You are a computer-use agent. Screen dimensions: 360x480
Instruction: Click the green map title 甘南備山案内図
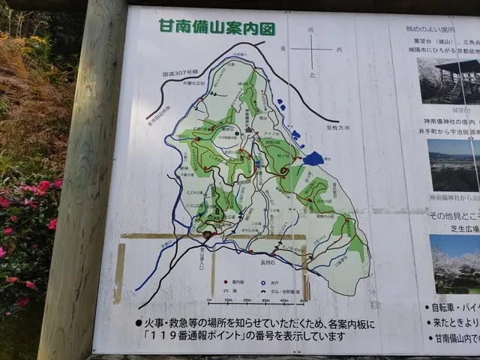217,28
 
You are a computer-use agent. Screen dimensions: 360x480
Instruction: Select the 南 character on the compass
311,31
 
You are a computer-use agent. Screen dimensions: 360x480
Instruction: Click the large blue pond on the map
313,158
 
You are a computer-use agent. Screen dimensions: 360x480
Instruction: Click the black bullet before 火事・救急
138,323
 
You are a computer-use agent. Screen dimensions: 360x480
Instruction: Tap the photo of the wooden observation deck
448,80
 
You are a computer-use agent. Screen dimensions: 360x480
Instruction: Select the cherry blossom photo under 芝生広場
454,262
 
